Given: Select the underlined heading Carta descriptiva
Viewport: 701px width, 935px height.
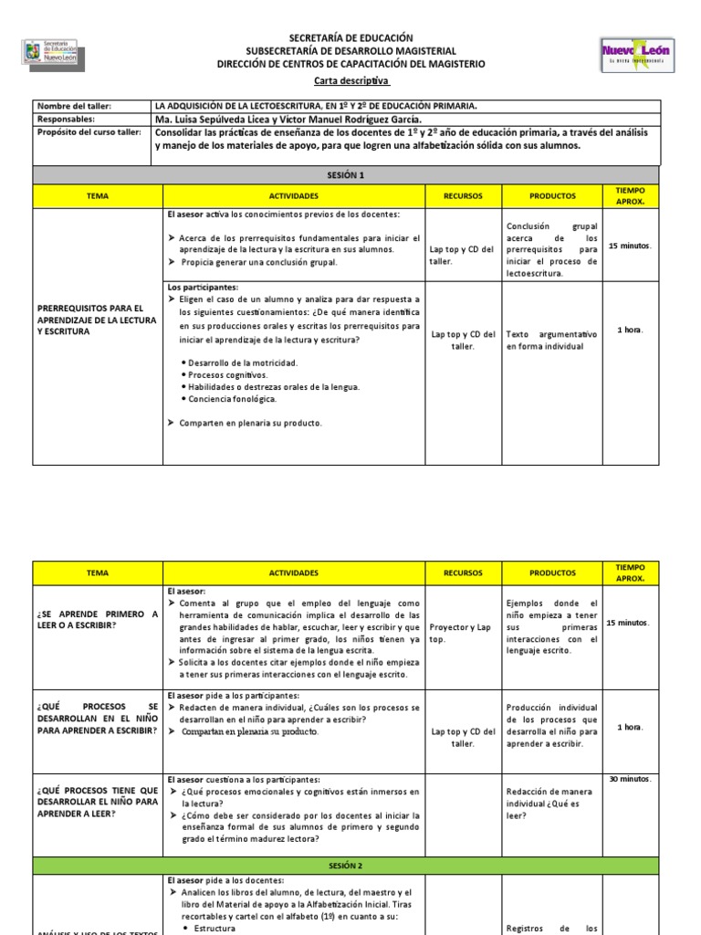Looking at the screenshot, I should point(350,81).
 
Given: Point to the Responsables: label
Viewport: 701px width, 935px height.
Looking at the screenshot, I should point(68,119).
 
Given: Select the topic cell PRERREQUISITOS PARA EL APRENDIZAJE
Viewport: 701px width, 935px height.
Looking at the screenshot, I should point(96,320).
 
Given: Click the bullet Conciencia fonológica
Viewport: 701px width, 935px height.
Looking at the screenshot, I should point(234,399).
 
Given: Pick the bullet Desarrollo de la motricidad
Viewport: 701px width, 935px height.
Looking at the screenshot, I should point(241,363).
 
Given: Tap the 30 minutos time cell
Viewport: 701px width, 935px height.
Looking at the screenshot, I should point(630,779).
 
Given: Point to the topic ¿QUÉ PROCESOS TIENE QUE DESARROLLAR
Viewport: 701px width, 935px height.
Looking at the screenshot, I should point(96,801).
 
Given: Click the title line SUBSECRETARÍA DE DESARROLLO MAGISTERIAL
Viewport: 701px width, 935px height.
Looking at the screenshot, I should point(351,51).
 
